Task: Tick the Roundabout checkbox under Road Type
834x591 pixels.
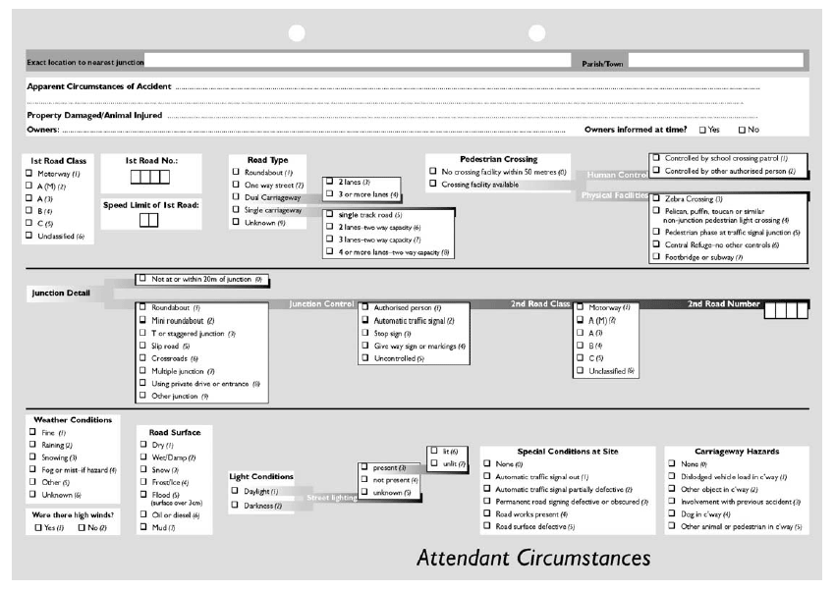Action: tap(236, 172)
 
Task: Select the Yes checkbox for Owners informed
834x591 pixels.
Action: tap(701, 130)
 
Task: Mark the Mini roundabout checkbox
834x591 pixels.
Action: tap(142, 321)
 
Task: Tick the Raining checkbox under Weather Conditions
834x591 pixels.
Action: tap(32, 445)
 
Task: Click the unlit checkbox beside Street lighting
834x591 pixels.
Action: tap(435, 462)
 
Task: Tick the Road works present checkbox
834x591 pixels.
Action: tap(486, 513)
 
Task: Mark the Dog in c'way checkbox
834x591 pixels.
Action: tap(671, 513)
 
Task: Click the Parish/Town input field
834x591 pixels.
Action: tap(714, 61)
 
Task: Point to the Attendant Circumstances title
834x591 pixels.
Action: tap(533, 558)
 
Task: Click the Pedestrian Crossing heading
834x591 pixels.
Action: tap(499, 159)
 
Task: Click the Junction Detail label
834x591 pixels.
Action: tap(59, 293)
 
